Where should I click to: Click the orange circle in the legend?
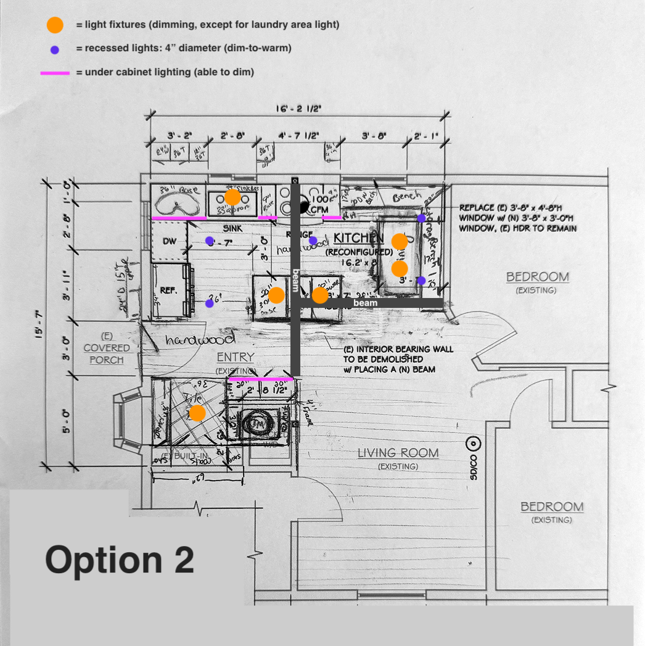click(55, 25)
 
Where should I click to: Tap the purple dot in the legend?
click(55, 49)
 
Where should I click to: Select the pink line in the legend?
click(55, 73)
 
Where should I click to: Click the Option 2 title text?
click(120, 560)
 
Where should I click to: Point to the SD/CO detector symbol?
click(474, 443)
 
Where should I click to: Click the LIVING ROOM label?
click(398, 453)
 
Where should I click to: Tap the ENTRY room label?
click(235, 357)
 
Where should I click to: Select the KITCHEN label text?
click(359, 238)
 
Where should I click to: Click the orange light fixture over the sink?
click(232, 197)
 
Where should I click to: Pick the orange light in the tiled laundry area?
click(197, 413)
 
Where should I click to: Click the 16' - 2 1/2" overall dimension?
click(298, 109)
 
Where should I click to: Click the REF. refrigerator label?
click(168, 290)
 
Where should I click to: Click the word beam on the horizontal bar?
click(365, 303)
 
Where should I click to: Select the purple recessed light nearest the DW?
click(210, 240)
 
